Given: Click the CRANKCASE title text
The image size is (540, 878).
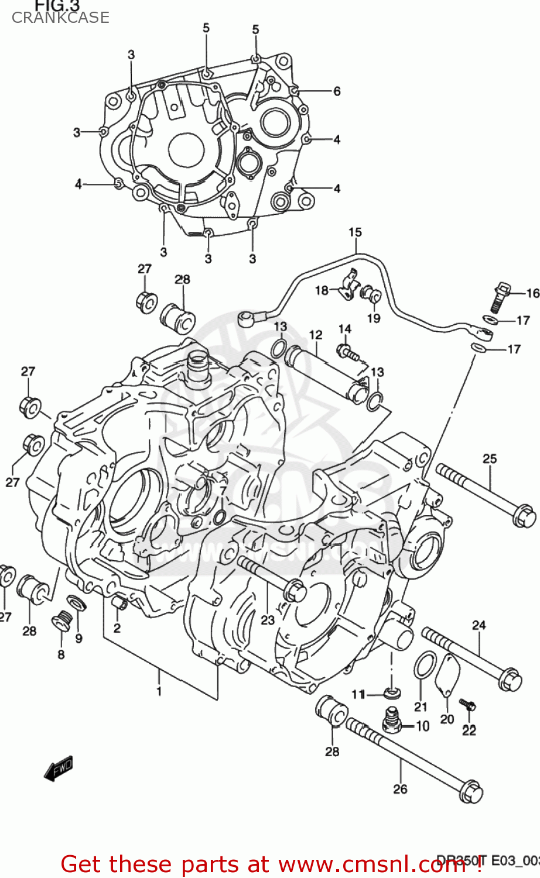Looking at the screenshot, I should point(60,18).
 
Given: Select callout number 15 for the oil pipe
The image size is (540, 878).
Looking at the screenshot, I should point(355,232).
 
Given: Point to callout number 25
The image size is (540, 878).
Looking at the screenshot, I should point(490,459).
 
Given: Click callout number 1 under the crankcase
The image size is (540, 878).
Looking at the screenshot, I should point(158,691).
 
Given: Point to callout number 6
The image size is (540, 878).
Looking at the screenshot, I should point(337,91).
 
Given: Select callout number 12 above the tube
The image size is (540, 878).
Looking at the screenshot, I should point(316,335).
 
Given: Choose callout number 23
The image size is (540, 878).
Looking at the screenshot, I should point(268,620).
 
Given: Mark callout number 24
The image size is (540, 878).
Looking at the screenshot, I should point(479,625).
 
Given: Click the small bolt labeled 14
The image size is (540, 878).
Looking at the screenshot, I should point(346,351).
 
